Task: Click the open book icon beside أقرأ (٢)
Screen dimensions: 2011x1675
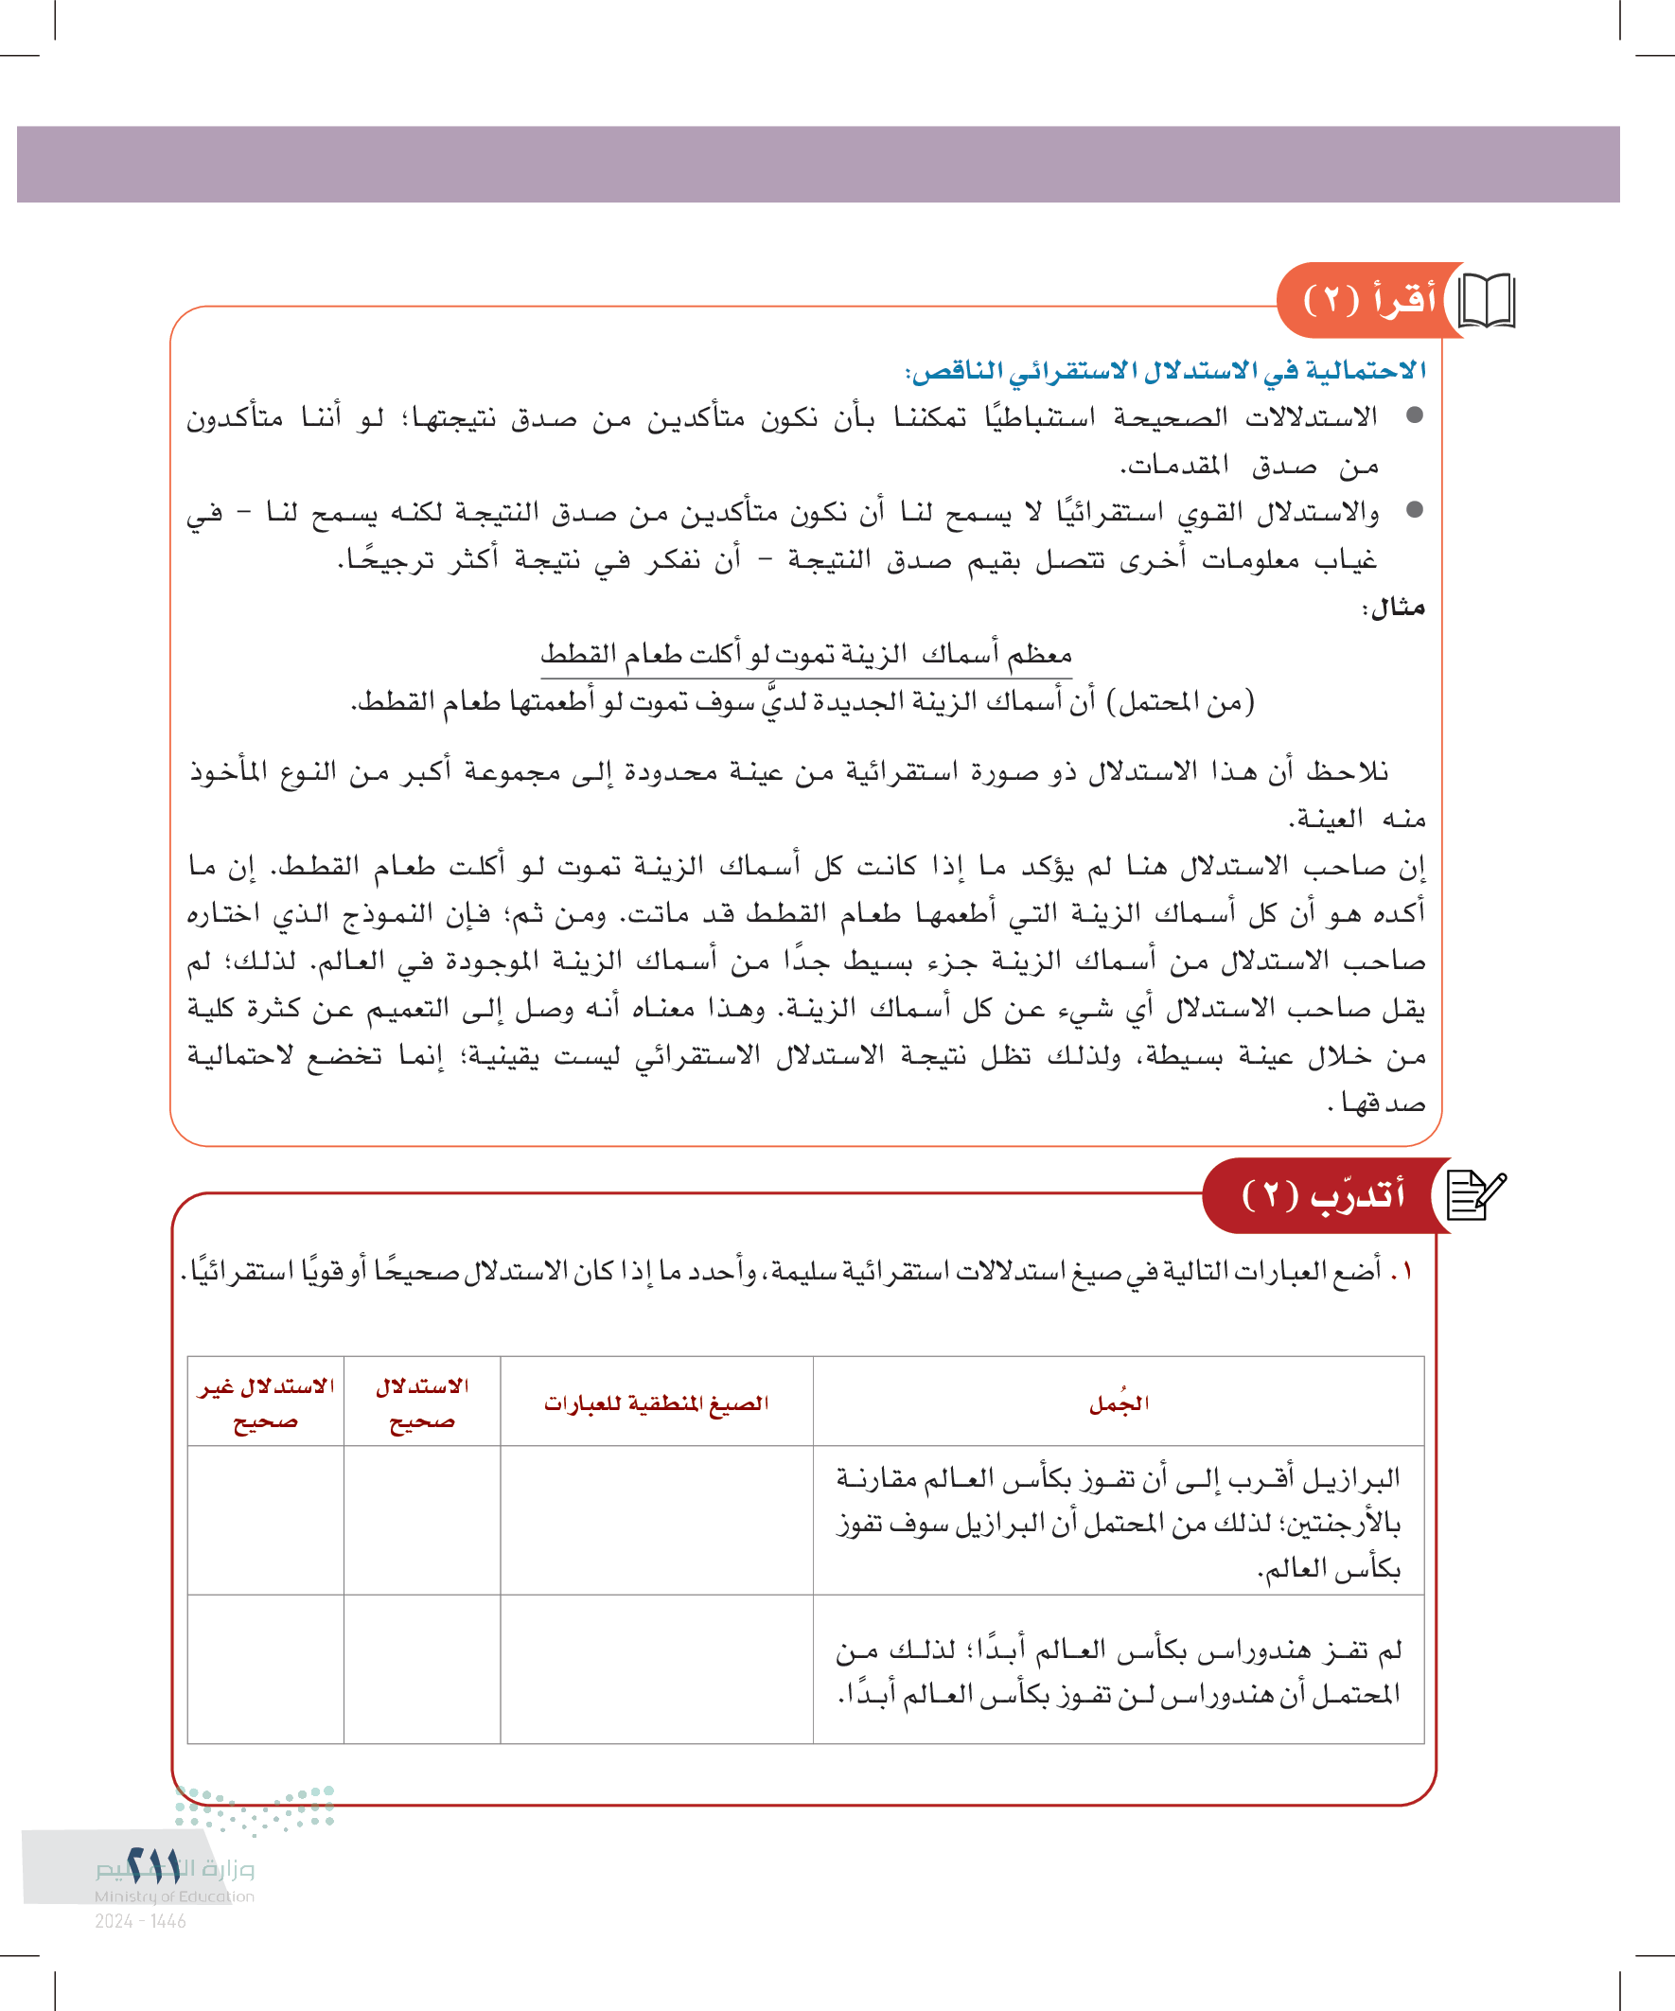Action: tap(1486, 301)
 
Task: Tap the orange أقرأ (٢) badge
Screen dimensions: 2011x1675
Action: tap(1369, 300)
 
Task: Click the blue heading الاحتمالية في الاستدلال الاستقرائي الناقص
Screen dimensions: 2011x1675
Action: tap(1166, 371)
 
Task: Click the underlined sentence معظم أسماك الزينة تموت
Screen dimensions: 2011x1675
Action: tap(805, 655)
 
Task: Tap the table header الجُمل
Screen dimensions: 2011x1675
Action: tap(1119, 1403)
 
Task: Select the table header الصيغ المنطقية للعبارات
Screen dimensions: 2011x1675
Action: tap(657, 1403)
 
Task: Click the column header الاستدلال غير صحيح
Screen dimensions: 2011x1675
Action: tap(265, 1403)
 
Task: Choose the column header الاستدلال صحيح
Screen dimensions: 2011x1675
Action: tap(421, 1403)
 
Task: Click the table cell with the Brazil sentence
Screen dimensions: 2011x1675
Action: tap(1118, 1523)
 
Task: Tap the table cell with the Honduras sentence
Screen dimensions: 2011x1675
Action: tap(1118, 1672)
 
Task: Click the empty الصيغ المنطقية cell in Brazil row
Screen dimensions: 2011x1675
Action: tap(657, 1521)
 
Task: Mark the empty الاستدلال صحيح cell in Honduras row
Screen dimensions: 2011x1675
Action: tap(421, 1670)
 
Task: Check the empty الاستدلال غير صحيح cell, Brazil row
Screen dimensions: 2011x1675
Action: tap(265, 1521)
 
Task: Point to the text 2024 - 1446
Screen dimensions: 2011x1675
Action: tap(141, 1921)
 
